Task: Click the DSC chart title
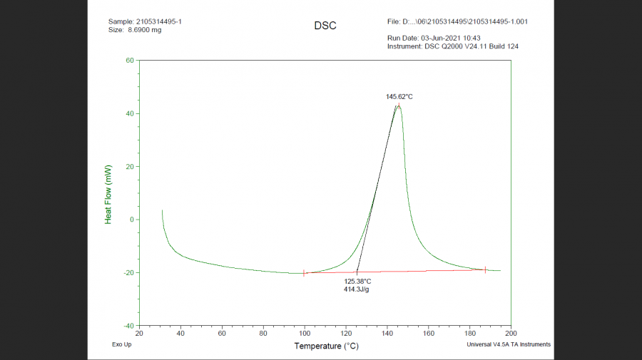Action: pyautogui.click(x=325, y=26)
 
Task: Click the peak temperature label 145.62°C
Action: pyautogui.click(x=399, y=96)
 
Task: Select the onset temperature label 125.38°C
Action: pyautogui.click(x=357, y=282)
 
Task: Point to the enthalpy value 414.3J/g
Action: pyautogui.click(x=357, y=289)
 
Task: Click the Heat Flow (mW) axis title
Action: pyautogui.click(x=108, y=194)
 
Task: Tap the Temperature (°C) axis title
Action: pyautogui.click(x=326, y=346)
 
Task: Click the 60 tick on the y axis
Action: pyautogui.click(x=130, y=61)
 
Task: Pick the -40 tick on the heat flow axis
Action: pyautogui.click(x=128, y=326)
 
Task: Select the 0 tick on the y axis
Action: pyautogui.click(x=132, y=220)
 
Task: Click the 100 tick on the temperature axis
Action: pyautogui.click(x=305, y=334)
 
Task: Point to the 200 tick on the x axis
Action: pyautogui.click(x=511, y=334)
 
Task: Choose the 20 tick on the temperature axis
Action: pyautogui.click(x=139, y=334)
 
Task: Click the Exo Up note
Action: pyautogui.click(x=121, y=344)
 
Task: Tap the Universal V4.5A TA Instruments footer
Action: pyautogui.click(x=509, y=344)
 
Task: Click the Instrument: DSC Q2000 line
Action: pyautogui.click(x=453, y=46)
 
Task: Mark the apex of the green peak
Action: pyautogui.click(x=398, y=106)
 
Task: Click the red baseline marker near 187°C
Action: pyautogui.click(x=485, y=269)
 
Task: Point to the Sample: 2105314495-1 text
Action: pyautogui.click(x=145, y=21)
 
